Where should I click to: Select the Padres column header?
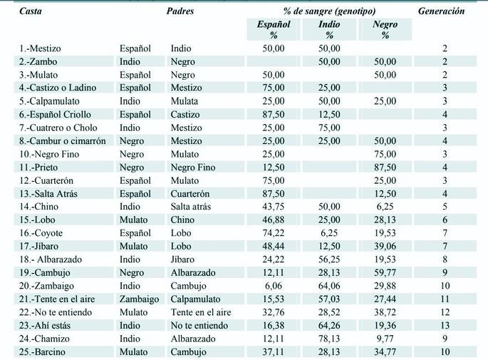point(180,11)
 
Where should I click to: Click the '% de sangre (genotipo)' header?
point(329,11)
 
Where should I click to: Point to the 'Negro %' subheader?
point(385,29)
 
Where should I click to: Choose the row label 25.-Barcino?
point(42,351)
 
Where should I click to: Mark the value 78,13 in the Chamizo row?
point(329,339)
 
